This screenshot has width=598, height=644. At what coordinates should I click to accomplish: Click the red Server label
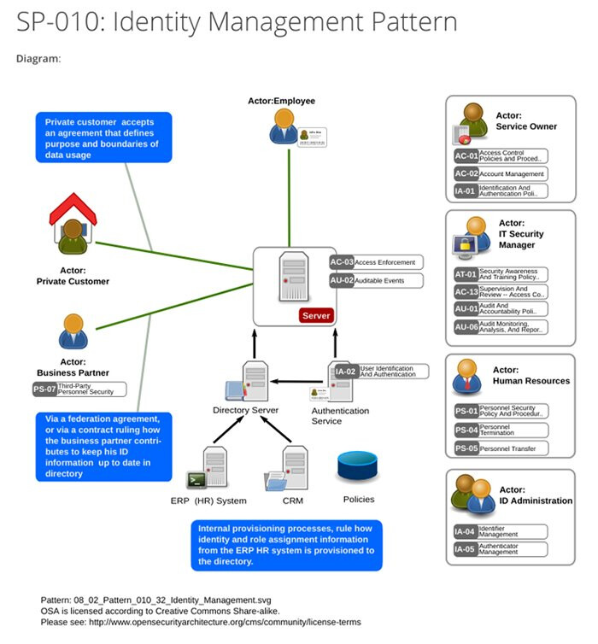(315, 316)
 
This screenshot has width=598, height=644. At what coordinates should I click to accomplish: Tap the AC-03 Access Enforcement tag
(376, 262)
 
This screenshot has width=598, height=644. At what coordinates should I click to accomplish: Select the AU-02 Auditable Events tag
(376, 280)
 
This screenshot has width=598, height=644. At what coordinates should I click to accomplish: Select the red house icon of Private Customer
(73, 228)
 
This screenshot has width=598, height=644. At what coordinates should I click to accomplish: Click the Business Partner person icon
(73, 333)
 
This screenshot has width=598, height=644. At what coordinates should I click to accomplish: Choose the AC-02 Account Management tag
(501, 174)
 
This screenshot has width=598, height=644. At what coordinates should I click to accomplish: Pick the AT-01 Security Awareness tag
(501, 275)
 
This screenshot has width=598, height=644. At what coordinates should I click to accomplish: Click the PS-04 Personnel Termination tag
(501, 430)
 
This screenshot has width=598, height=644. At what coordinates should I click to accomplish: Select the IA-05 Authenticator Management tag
(501, 549)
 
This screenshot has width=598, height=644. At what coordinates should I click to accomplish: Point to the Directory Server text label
(246, 411)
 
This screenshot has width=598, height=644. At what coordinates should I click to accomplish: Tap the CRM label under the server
(292, 501)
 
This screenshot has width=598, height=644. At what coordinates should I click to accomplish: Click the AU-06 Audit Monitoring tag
(501, 327)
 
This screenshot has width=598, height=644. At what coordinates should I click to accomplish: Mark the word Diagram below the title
(38, 59)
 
